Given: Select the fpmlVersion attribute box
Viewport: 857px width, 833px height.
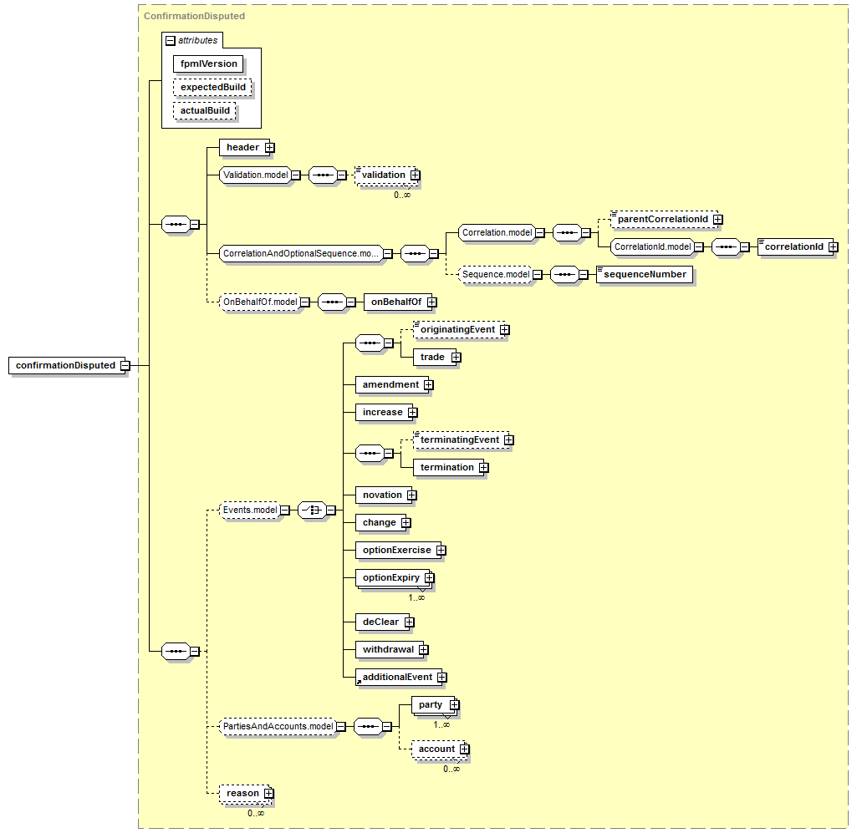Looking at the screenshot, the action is pos(208,63).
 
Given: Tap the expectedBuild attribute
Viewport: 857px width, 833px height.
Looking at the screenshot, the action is pos(212,88).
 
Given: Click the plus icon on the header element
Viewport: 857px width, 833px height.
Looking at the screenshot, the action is pos(269,148).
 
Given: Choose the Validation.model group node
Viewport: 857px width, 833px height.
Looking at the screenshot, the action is pos(255,175).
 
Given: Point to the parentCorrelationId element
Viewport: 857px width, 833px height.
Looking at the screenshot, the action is pos(664,219).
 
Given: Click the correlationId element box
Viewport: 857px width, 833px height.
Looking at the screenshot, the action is pos(795,247).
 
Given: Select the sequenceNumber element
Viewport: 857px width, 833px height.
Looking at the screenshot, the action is pos(645,274).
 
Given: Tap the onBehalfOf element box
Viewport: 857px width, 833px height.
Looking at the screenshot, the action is pos(397,302).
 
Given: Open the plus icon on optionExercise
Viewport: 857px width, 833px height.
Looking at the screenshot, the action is pos(441,550).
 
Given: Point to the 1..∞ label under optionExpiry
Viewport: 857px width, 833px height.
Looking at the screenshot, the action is pos(416,597).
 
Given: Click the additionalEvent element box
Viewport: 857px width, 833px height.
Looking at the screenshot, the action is pos(399,678).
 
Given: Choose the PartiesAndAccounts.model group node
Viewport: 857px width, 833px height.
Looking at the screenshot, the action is pos(278,727).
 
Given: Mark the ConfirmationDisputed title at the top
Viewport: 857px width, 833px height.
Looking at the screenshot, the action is pos(194,16).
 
